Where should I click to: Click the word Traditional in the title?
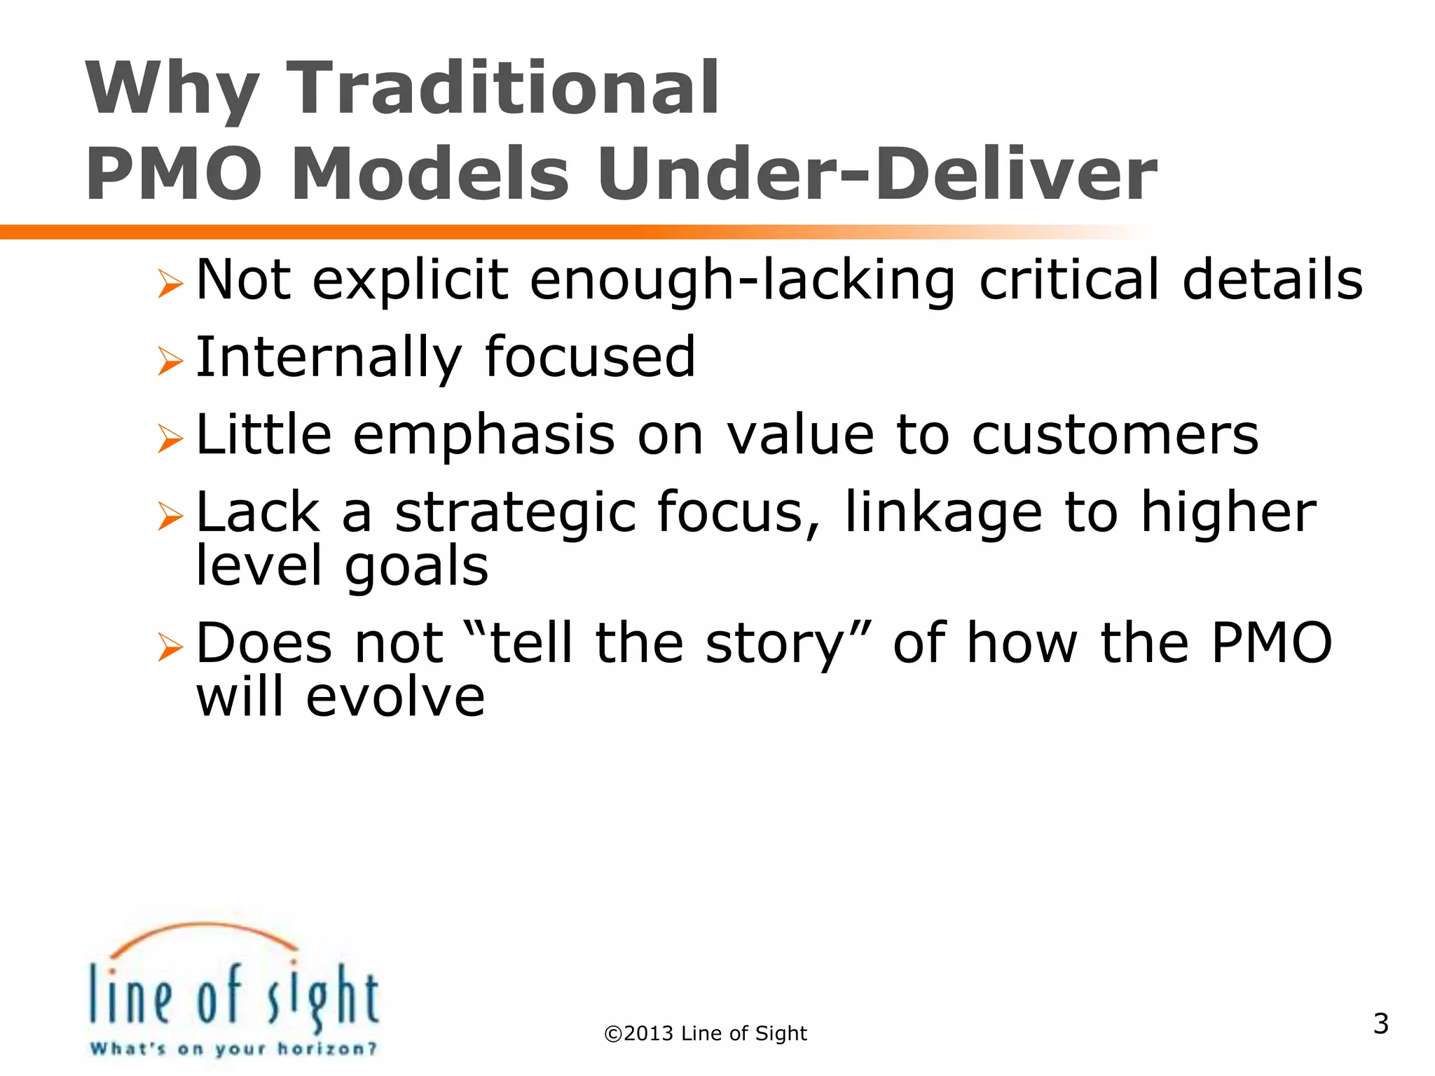[503, 89]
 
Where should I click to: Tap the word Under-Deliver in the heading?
[876, 174]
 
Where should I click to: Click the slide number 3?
[1380, 1023]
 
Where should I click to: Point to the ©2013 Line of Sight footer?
[706, 1033]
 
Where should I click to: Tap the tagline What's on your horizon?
[233, 1049]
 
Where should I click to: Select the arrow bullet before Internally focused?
[170, 361]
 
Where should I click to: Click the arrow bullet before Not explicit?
[170, 284]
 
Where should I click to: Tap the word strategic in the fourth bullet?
[515, 513]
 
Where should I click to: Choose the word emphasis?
[483, 436]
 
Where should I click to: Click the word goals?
[416, 566]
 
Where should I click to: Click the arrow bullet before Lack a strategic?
[170, 516]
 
